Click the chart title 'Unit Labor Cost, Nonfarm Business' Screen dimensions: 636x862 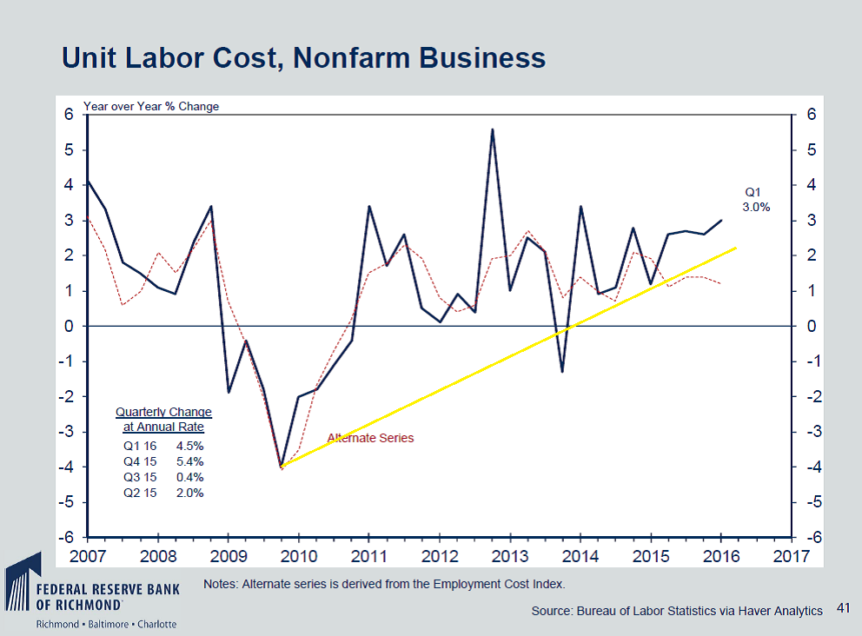click(x=303, y=57)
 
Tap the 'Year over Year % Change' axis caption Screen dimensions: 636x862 click(x=151, y=107)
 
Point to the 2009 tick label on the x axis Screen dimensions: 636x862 click(x=229, y=555)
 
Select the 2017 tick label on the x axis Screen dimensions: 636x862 click(x=792, y=555)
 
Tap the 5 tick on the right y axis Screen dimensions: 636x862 click(x=811, y=150)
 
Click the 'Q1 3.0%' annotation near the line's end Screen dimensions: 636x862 click(x=755, y=200)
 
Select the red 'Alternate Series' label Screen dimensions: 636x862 click(x=370, y=438)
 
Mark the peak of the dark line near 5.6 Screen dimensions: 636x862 click(x=493, y=129)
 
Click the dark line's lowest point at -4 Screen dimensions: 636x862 click(x=282, y=467)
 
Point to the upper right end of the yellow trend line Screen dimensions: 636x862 click(x=736, y=248)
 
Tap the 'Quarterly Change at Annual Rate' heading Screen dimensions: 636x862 click(x=163, y=420)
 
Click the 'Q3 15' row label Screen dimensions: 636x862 click(x=140, y=477)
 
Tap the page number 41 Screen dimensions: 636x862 click(x=841, y=610)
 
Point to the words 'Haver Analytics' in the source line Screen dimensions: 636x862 click(x=783, y=611)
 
